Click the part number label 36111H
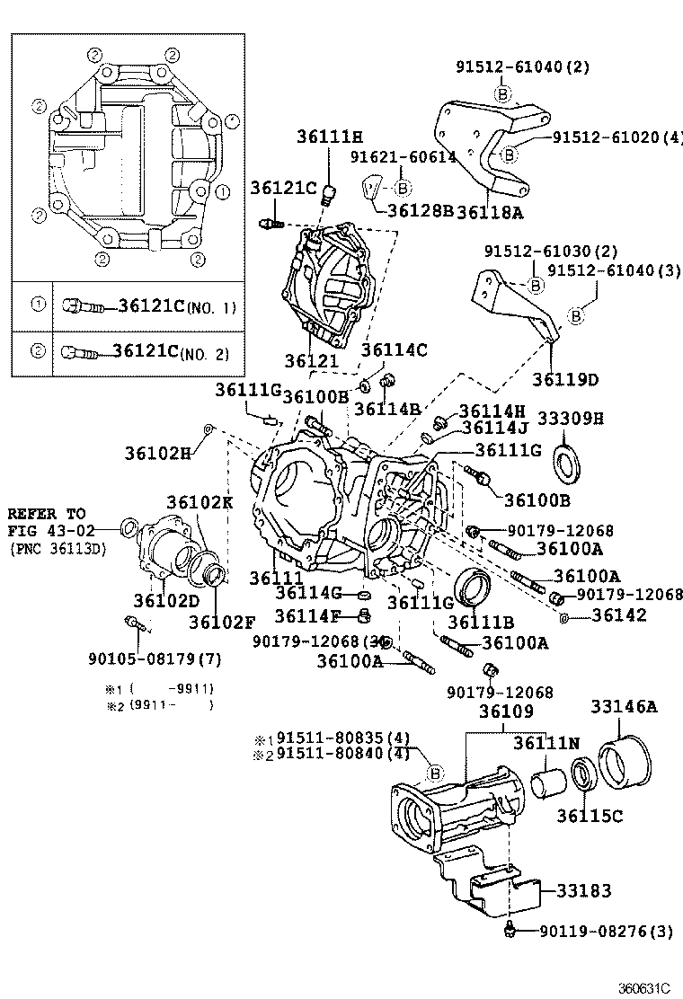point(329,137)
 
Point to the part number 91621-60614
point(403,157)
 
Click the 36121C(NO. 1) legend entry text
point(176,307)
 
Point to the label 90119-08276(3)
point(607,932)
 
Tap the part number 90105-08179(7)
point(155,659)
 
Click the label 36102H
point(157,454)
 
